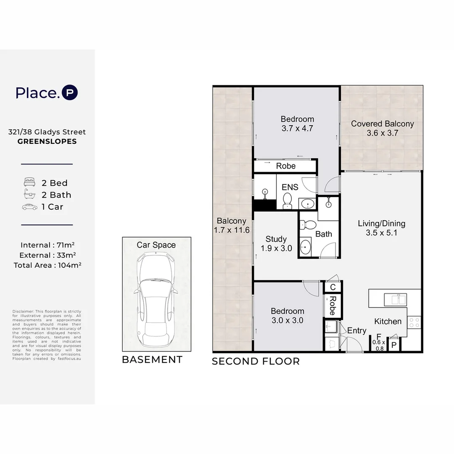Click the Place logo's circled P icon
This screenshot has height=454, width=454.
[x=70, y=92]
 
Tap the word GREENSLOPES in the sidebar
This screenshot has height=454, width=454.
[x=47, y=141]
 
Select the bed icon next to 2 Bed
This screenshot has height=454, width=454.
[x=29, y=182]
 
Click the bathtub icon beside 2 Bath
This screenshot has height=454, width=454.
[x=29, y=194]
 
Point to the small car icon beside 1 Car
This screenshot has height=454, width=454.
[x=29, y=207]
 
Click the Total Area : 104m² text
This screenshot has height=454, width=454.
[x=47, y=265]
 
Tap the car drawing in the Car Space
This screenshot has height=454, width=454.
[x=156, y=299]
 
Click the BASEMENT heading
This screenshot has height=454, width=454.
[x=152, y=359]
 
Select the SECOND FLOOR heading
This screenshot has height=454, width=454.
[x=256, y=362]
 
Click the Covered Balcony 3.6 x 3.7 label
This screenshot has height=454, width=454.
[x=383, y=128]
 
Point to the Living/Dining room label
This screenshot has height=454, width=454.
[x=382, y=228]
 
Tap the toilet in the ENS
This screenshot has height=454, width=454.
[x=287, y=201]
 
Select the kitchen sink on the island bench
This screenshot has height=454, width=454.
[x=395, y=299]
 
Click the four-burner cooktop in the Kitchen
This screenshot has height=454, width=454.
[x=414, y=322]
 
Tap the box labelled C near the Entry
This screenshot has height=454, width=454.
[x=333, y=287]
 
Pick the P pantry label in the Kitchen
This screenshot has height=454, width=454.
[x=394, y=345]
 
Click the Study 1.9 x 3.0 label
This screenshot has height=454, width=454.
[x=276, y=243]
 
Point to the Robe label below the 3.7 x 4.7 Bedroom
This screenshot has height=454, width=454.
[x=286, y=166]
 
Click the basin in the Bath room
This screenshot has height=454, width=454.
[x=305, y=247]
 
